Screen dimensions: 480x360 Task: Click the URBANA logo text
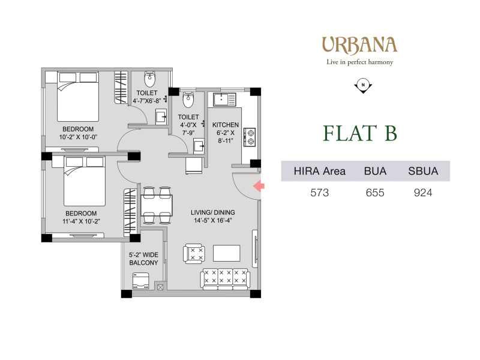tap(359, 45)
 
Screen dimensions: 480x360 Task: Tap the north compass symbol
tap(363, 85)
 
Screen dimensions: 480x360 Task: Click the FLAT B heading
tap(360, 133)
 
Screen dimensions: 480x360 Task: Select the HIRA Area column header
tap(320, 171)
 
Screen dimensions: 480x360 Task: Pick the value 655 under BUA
tap(375, 193)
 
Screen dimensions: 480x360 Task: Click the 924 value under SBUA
tap(423, 193)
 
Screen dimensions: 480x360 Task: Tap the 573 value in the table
tap(320, 193)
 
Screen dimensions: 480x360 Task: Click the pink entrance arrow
tap(259, 186)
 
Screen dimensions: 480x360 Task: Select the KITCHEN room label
tap(226, 125)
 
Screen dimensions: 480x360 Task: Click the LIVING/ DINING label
tap(213, 212)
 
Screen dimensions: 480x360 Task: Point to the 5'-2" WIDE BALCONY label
tap(143, 259)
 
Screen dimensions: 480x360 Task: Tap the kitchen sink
tap(224, 100)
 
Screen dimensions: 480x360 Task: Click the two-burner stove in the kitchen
tap(250, 137)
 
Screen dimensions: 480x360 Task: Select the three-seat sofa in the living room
tap(226, 278)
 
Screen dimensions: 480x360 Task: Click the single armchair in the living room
tap(193, 254)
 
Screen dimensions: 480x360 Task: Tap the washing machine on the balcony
tap(141, 281)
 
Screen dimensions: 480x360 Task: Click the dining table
tap(157, 205)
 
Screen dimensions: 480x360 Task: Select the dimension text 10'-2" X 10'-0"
tap(78, 137)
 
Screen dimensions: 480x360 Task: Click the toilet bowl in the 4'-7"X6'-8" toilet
tap(149, 79)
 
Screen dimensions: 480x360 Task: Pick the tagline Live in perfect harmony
tap(359, 62)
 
